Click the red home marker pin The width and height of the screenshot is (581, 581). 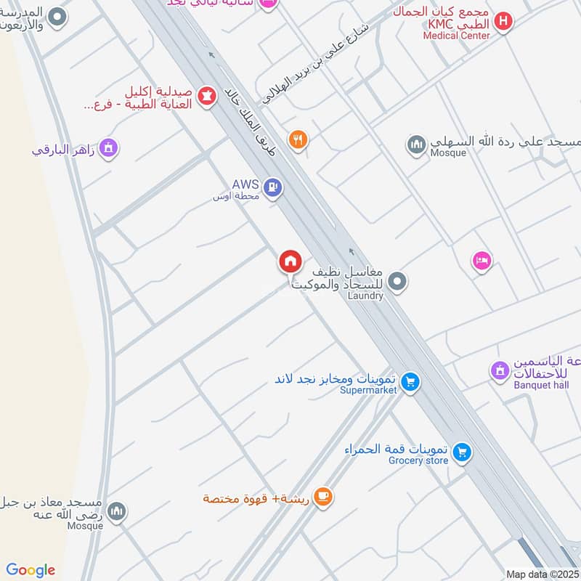tap(290, 261)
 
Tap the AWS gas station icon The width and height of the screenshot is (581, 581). tap(273, 187)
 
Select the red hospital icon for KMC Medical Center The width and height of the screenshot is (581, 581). tap(503, 22)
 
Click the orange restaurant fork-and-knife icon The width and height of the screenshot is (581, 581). tap(296, 139)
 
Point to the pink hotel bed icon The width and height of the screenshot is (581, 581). tap(482, 261)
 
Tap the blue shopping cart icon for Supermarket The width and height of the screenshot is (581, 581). tap(410, 381)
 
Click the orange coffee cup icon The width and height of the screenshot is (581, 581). tap(324, 498)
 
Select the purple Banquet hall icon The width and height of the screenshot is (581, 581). tap(500, 371)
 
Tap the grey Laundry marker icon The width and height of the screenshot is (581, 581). tap(397, 281)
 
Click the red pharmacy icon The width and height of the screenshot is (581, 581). tap(207, 96)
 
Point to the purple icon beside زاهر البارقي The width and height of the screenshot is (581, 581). tap(109, 149)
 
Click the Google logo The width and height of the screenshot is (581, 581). tap(31, 570)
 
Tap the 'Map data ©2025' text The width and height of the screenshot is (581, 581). tap(541, 573)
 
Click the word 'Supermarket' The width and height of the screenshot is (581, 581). tap(368, 390)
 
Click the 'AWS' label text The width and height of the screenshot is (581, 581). tap(245, 184)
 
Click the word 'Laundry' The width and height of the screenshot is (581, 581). tap(365, 296)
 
